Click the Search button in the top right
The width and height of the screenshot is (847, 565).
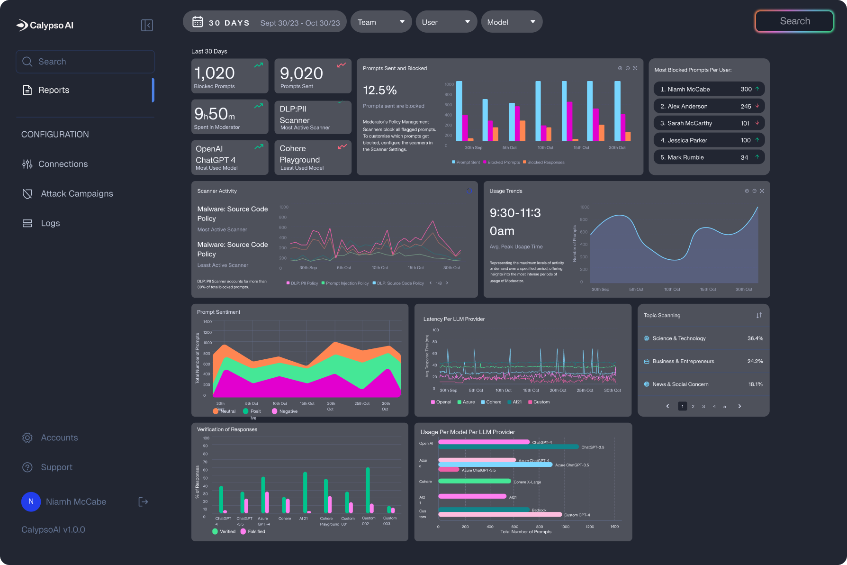[794, 21]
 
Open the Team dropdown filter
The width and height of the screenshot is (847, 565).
[381, 22]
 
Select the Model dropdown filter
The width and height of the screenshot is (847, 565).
[511, 22]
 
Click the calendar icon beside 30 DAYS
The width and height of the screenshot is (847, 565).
[198, 22]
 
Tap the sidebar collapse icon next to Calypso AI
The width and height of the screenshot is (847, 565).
[147, 25]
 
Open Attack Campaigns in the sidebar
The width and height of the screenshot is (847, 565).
[77, 193]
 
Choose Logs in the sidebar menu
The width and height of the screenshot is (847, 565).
[50, 223]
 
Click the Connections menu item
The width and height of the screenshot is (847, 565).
[63, 164]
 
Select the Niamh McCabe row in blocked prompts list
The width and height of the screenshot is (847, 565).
[709, 89]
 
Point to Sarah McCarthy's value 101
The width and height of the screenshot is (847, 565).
[745, 123]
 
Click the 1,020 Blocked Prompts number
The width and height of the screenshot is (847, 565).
[215, 73]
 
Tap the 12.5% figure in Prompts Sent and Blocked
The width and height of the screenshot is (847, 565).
[380, 90]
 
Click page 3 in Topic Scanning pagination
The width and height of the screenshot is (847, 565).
[703, 406]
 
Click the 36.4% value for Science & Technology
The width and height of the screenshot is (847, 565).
[755, 338]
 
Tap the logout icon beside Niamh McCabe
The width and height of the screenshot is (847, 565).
[143, 501]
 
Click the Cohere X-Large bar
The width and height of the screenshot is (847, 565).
[475, 481]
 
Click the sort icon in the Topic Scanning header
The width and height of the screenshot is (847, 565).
[759, 315]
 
